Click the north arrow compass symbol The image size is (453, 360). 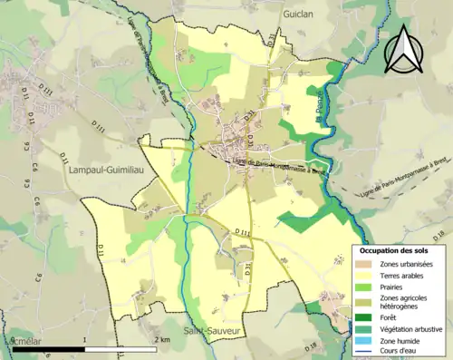click(x=406, y=50)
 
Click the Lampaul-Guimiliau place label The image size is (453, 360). click(x=105, y=168)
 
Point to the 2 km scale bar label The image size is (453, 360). click(x=163, y=339)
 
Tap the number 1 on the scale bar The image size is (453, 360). click(x=84, y=339)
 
